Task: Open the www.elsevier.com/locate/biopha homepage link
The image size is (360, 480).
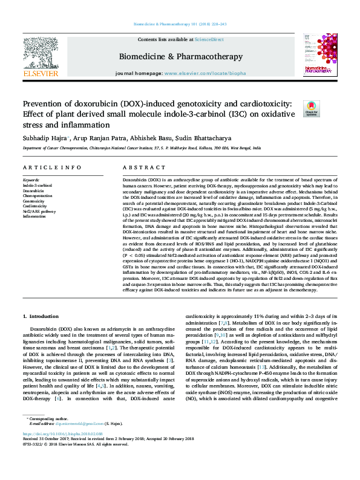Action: [205, 73]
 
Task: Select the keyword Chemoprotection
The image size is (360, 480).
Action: [38, 196]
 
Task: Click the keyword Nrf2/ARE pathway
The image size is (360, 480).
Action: [39, 212]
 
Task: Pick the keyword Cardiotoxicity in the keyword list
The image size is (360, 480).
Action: [35, 206]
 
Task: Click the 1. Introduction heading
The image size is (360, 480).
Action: [41, 282]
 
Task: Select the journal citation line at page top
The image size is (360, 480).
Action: [180, 24]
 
